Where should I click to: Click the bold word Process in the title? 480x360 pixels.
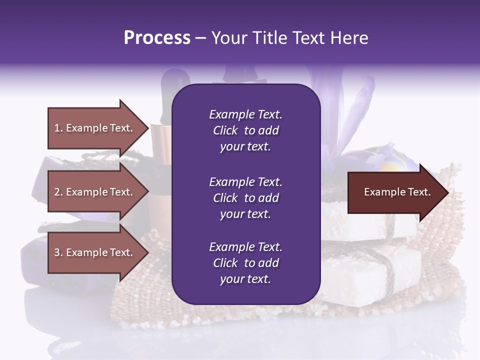(157, 38)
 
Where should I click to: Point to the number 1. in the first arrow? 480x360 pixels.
(58, 128)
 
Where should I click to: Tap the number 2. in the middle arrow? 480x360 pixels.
(58, 192)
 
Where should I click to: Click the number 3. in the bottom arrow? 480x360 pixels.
(58, 252)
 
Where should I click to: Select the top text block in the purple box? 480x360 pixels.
(245, 130)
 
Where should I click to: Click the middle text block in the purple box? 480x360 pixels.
(245, 198)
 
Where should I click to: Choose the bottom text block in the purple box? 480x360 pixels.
(245, 263)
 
